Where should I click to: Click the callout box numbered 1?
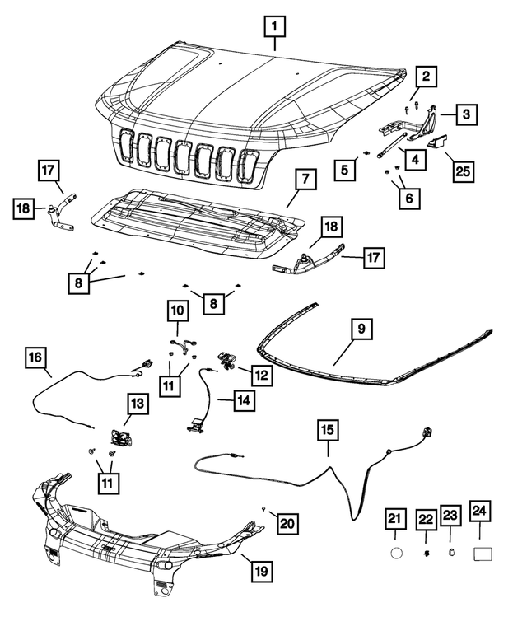[x=275, y=27]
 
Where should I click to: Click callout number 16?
[x=35, y=358]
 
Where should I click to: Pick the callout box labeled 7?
[x=304, y=179]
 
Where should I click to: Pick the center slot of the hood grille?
[x=184, y=153]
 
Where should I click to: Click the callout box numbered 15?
[x=327, y=429]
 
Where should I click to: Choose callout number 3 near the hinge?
[x=465, y=114]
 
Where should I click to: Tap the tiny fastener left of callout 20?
[x=262, y=510]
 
